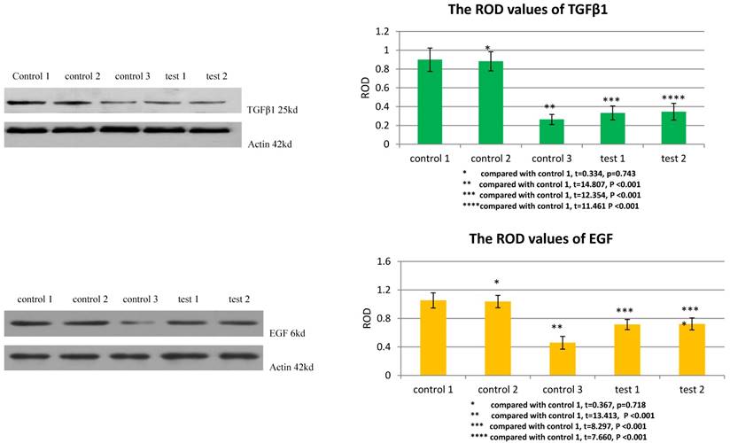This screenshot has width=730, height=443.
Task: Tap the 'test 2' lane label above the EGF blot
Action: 239,298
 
